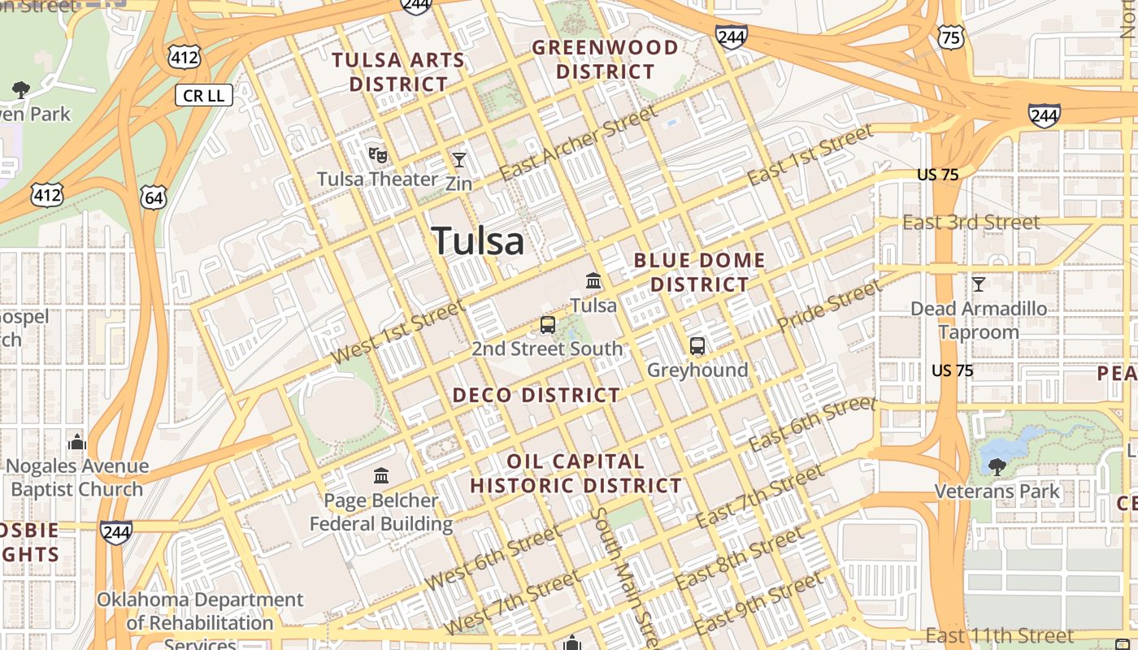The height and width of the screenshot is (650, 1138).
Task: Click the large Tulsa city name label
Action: click(478, 241)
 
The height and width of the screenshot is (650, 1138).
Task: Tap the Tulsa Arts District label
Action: click(398, 71)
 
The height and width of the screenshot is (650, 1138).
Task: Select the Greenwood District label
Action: click(605, 59)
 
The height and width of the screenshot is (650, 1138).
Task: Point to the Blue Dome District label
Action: click(699, 272)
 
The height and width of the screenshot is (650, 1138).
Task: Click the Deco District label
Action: click(536, 396)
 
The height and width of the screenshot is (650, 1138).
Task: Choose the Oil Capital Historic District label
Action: click(576, 474)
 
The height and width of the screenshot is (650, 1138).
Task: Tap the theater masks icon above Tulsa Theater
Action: click(377, 154)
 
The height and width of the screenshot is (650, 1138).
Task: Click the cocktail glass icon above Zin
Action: click(459, 159)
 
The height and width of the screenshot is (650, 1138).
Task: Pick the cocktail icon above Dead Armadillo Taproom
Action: click(979, 284)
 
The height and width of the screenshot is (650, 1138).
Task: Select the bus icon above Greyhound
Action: click(697, 346)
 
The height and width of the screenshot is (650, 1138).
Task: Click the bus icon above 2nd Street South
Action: click(548, 325)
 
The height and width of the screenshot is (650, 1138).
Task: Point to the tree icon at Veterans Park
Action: click(997, 466)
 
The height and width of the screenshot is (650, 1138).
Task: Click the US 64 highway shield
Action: click(153, 196)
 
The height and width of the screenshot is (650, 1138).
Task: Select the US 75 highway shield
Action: click(949, 36)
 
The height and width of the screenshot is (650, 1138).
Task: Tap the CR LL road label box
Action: click(204, 96)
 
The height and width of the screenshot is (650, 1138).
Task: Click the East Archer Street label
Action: click(578, 143)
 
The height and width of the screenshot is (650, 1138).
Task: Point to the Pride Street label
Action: click(828, 305)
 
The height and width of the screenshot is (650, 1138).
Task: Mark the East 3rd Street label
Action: click(971, 223)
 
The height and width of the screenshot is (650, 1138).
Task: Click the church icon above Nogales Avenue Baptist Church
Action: click(77, 442)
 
